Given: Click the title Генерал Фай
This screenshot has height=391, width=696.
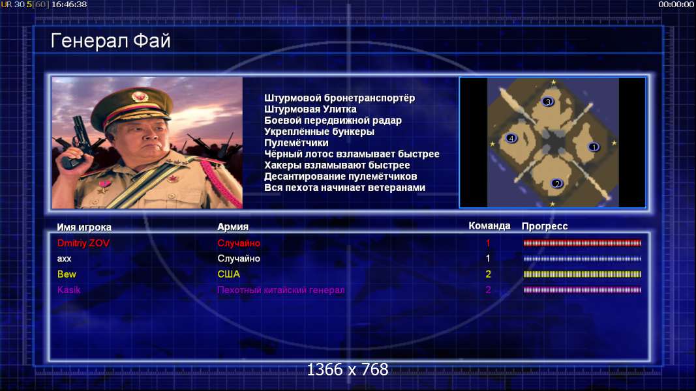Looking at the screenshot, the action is [x=110, y=41].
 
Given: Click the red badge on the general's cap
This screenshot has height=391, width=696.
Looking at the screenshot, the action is [x=140, y=96].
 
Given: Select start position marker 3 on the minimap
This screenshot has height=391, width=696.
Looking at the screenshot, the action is [x=548, y=102].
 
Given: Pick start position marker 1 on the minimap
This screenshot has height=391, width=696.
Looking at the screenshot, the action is [x=594, y=147].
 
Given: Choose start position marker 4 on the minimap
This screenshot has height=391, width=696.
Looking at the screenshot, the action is [x=511, y=139].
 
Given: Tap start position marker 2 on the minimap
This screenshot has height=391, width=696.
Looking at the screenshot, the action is [x=556, y=184].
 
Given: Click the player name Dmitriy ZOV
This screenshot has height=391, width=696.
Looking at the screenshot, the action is [x=83, y=243].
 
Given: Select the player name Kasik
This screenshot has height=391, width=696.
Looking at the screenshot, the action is [x=68, y=290].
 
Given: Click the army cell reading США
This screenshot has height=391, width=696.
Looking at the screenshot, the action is [x=228, y=274].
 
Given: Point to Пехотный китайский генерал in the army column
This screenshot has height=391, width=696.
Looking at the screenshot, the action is [x=281, y=290].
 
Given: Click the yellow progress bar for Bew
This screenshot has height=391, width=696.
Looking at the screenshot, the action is [x=582, y=274].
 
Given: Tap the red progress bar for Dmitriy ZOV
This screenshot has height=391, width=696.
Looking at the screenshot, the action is [x=582, y=243].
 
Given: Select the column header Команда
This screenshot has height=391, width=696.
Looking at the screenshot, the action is [x=489, y=226].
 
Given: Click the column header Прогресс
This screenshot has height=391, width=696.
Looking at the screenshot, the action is [x=544, y=226].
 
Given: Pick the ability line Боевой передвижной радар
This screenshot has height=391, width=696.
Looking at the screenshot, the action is [x=333, y=121].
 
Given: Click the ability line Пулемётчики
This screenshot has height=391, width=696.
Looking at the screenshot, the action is [x=296, y=143].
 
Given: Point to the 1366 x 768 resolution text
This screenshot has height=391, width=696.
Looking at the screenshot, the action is [x=348, y=369].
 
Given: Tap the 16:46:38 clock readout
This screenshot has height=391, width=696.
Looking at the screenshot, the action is [x=69, y=5].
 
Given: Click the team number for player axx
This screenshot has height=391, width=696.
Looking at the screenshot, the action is [x=488, y=259].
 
